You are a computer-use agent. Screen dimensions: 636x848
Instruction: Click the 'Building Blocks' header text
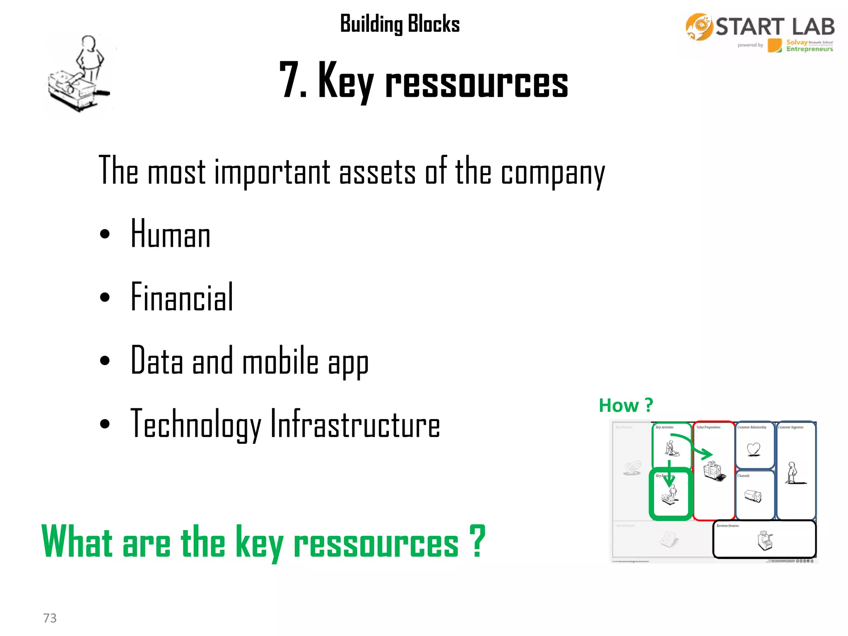click(x=400, y=24)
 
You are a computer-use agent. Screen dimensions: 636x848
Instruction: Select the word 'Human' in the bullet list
click(x=170, y=234)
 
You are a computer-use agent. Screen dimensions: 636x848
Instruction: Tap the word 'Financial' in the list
click(x=182, y=297)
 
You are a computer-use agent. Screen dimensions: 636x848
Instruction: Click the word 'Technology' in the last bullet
click(x=195, y=424)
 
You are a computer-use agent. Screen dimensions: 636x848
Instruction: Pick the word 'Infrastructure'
click(x=355, y=424)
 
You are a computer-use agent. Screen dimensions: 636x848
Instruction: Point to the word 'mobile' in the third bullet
click(x=280, y=361)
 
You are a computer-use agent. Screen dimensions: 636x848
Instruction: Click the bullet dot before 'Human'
click(x=105, y=234)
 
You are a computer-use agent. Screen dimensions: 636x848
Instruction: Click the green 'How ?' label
click(x=625, y=405)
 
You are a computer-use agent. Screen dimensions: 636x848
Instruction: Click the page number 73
click(x=50, y=618)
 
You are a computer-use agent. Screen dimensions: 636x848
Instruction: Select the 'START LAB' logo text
click(x=775, y=27)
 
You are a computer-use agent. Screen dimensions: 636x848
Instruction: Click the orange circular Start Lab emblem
click(x=699, y=26)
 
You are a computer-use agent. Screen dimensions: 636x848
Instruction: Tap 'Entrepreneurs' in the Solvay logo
click(x=809, y=49)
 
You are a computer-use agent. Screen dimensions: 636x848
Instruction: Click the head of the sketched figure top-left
click(x=89, y=43)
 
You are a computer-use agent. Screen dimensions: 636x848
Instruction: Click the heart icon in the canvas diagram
click(x=754, y=449)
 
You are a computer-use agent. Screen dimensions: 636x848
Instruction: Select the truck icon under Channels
click(x=753, y=496)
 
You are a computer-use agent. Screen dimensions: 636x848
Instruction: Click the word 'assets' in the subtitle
click(x=377, y=172)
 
